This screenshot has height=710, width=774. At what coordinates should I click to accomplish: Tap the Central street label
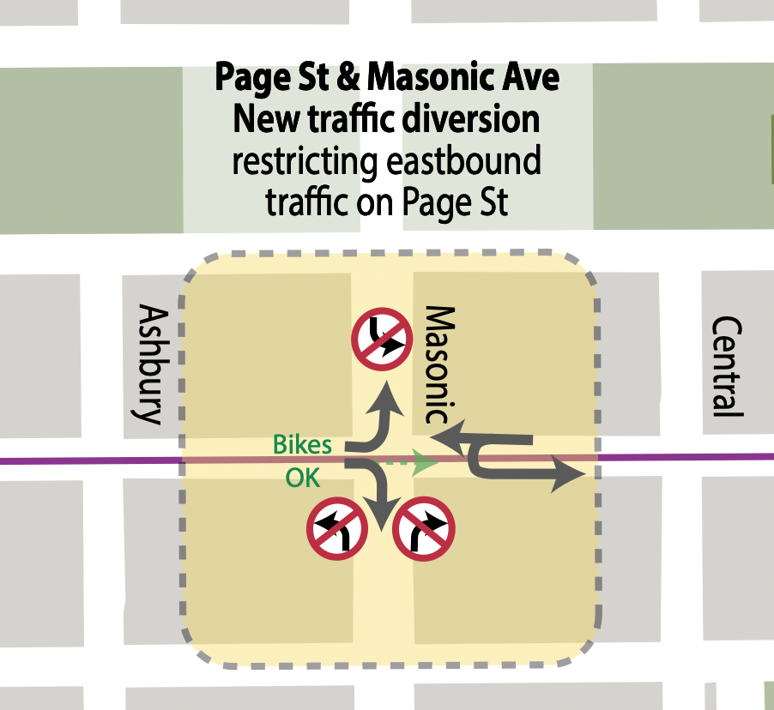coord(727,366)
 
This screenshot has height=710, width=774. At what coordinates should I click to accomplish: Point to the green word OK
coord(300,478)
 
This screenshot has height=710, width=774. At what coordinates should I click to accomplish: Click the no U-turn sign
coord(380,340)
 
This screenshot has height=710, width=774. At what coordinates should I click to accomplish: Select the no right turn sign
coord(423,529)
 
